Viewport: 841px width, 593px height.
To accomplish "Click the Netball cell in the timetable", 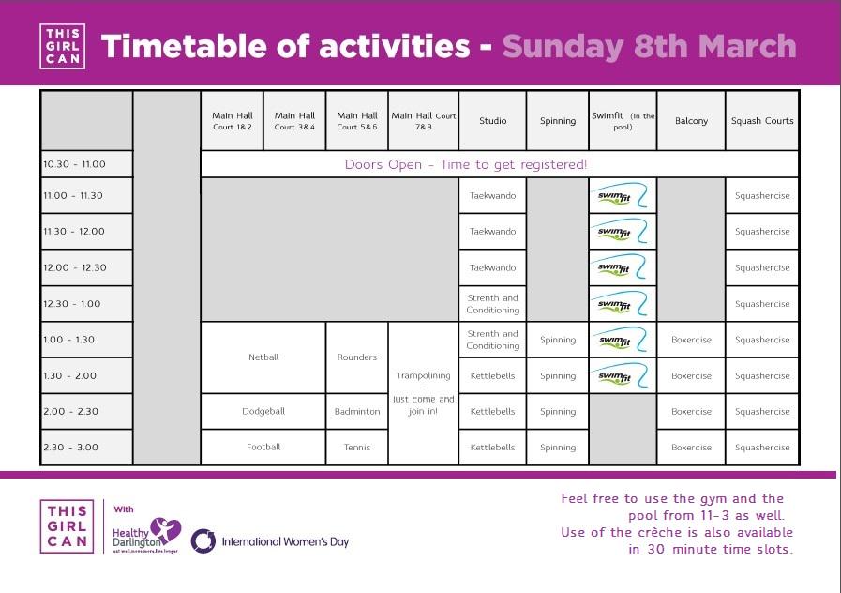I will (263, 357).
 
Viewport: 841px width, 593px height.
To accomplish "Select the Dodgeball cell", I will (263, 411).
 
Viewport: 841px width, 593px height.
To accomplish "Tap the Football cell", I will (263, 447).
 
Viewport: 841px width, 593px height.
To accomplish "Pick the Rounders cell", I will (357, 357).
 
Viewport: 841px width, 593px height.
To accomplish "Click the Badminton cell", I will (357, 411).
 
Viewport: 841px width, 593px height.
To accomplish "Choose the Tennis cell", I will (357, 447).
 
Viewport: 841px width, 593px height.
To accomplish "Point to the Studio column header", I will (492, 120).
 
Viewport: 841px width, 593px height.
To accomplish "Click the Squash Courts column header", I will (761, 120).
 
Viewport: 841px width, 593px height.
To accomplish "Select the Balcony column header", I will (691, 120).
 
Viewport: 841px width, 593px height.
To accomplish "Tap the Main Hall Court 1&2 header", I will (232, 120).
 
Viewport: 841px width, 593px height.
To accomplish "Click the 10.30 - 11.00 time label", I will (74, 164).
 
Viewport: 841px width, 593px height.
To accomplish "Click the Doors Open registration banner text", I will (466, 164).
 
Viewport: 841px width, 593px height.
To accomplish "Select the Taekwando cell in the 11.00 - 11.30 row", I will (492, 196).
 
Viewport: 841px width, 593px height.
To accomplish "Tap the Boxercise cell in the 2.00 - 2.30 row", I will (691, 411).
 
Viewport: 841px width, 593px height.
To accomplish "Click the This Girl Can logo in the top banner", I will (64, 46).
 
